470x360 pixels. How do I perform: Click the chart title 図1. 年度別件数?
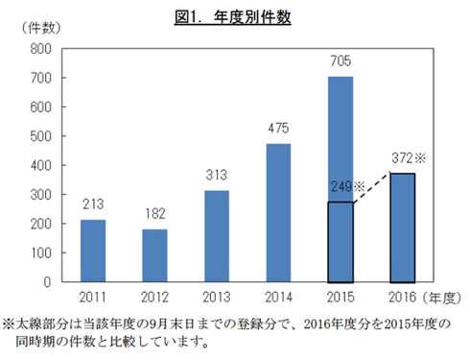pyautogui.click(x=235, y=16)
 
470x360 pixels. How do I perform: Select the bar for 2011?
pyautogui.click(x=93, y=251)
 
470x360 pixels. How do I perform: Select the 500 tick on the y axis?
pyautogui.click(x=40, y=136)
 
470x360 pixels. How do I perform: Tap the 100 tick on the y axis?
pyautogui.click(x=40, y=253)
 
